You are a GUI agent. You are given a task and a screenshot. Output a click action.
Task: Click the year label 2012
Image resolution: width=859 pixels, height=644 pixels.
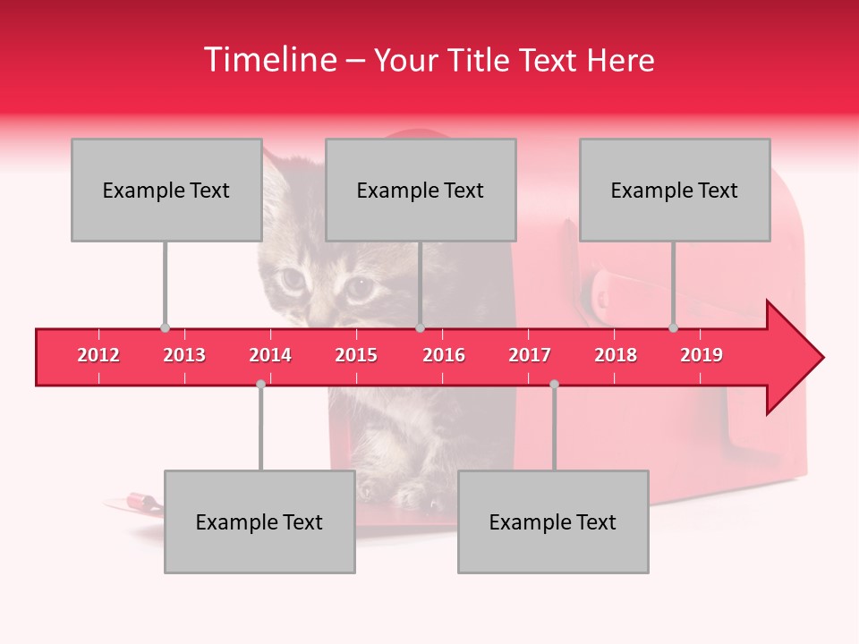click(98, 355)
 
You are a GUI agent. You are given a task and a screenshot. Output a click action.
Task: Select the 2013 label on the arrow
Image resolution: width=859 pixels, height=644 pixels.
click(184, 355)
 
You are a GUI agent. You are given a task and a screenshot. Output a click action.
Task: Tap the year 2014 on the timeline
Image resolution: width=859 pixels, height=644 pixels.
click(270, 355)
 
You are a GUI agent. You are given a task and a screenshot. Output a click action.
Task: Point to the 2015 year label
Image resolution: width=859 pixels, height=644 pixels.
click(356, 355)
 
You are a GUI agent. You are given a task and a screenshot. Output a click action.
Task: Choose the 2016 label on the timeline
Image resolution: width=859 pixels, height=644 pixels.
click(444, 355)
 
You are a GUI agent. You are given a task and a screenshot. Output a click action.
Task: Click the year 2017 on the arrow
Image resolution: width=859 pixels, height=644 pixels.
click(530, 355)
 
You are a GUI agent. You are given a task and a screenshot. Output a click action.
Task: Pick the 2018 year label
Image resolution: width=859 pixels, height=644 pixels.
click(616, 355)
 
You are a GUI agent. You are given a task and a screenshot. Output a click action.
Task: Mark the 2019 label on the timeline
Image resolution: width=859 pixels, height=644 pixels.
click(702, 355)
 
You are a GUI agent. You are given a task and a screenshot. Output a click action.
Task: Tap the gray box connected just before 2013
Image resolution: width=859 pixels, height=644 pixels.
click(166, 190)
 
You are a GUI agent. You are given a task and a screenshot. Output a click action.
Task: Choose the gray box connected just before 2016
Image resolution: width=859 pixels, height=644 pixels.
click(421, 190)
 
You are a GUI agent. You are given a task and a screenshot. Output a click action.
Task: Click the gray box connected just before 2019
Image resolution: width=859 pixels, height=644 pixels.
click(675, 190)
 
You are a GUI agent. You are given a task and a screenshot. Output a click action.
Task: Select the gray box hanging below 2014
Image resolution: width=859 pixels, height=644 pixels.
click(259, 521)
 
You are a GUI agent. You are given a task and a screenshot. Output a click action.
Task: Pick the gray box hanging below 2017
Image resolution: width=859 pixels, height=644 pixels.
click(553, 521)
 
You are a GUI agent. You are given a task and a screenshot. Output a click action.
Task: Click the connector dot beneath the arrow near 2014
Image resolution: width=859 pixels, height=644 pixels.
click(260, 384)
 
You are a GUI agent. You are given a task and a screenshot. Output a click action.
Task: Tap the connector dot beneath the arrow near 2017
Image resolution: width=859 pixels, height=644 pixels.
click(554, 384)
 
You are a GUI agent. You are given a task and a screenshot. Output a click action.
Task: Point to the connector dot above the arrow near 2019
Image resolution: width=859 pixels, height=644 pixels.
click(673, 328)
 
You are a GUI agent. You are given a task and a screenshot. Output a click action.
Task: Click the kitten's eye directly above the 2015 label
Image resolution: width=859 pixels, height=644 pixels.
click(360, 287)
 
